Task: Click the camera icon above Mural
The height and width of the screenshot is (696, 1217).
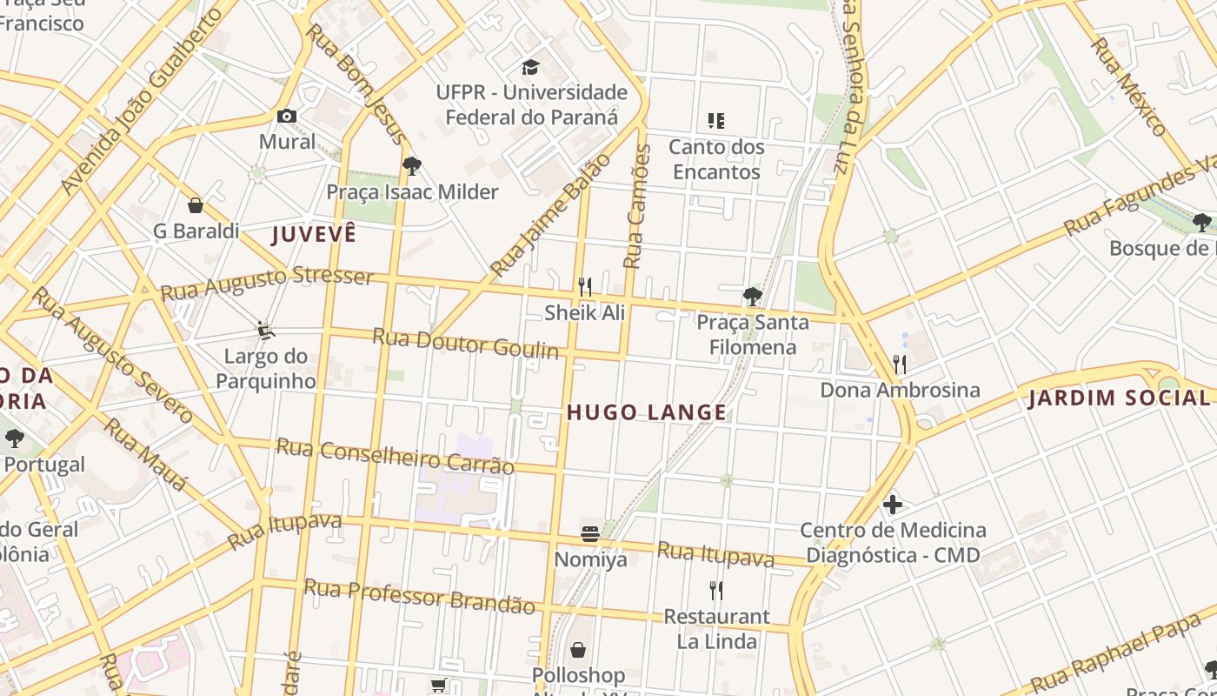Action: point(286,116)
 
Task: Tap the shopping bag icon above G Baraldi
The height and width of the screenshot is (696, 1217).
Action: point(196,205)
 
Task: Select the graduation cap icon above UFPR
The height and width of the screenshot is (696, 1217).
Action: point(530,67)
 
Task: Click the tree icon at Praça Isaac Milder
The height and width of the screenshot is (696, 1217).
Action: point(412,165)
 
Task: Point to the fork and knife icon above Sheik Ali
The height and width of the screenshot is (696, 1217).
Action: point(585,286)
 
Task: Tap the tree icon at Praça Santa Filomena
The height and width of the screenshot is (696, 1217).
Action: point(752,297)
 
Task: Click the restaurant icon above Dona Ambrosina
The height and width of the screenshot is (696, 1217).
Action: point(900,364)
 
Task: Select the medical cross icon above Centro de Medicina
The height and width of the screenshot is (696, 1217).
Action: point(892,505)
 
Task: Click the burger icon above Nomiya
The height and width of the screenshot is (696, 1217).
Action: point(590,534)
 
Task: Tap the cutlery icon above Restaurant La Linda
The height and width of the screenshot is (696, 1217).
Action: point(716,591)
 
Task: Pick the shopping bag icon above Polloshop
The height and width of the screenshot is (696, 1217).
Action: point(578,650)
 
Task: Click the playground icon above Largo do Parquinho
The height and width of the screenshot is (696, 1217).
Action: point(266,331)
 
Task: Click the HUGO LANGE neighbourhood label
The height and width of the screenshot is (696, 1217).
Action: point(647,412)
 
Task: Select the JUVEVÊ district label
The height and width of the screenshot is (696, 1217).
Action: point(314,234)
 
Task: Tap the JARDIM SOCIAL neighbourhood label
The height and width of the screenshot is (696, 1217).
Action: point(1118,398)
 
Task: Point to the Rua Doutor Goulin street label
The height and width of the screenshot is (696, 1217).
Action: point(465,343)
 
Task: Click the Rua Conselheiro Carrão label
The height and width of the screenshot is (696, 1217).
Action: point(395,456)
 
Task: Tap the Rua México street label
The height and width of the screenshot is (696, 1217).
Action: point(1129,87)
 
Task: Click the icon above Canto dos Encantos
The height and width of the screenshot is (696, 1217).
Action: point(716,120)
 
